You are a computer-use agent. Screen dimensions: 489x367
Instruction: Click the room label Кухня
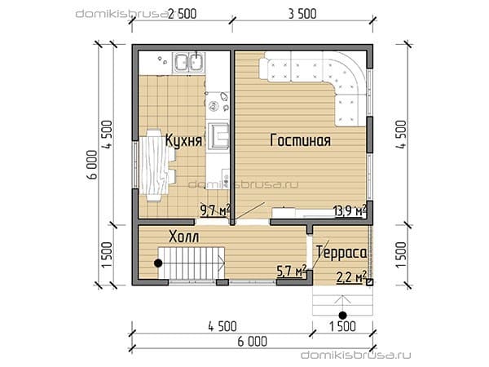(183, 140)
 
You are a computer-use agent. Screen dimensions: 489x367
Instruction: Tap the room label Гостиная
(300, 140)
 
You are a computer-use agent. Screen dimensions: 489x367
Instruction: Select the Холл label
(183, 237)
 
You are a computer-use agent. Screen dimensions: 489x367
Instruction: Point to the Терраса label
(341, 253)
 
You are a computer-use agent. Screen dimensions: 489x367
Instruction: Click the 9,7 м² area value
(215, 210)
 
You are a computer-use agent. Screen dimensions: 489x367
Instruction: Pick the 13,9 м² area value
(350, 211)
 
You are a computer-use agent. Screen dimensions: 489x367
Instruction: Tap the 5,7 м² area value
(292, 271)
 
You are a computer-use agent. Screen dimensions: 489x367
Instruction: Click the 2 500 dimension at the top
(183, 14)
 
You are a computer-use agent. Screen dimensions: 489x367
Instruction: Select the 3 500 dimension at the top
(302, 14)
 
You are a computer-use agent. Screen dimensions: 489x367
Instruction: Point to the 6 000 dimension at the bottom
(253, 342)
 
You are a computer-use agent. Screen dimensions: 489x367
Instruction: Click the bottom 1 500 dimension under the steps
(342, 326)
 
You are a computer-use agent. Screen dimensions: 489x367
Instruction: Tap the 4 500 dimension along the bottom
(222, 326)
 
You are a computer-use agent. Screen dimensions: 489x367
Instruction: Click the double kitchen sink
(188, 63)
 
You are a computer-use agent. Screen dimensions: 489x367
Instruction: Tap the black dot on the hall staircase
(158, 263)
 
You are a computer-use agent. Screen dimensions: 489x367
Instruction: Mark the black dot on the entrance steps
(343, 315)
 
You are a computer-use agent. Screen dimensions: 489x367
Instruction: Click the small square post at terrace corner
(369, 282)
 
